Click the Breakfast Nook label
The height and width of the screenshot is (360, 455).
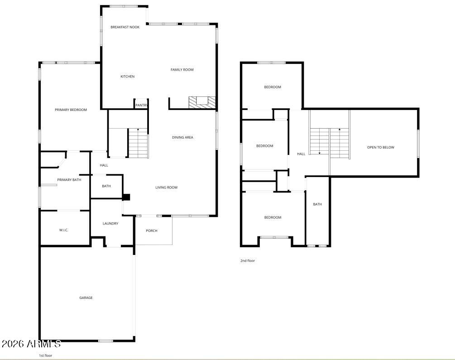pos(125,27)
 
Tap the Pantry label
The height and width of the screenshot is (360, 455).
pos(141,106)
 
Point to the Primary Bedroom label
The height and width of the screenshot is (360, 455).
pos(71,110)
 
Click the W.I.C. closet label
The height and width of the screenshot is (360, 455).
pos(63,230)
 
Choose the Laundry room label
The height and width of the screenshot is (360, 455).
pos(110,223)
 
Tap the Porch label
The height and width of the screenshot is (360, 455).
pos(152,230)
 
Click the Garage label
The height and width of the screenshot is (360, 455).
pos(86,298)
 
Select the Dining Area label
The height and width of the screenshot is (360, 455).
pos(182,137)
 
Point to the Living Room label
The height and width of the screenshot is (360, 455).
pos(166,187)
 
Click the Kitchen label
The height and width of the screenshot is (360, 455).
pos(127,77)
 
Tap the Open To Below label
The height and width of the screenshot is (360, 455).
pos(380,147)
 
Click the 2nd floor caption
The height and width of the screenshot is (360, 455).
pos(248,260)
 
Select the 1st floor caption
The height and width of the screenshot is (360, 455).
pos(45,355)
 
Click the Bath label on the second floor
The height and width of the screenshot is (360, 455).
pos(317,204)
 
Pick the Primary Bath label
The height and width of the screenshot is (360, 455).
pos(69,180)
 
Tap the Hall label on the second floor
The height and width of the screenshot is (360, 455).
pos(301,154)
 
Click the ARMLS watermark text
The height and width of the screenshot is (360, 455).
pos(31,344)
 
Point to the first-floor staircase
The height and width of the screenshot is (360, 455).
pos(138,143)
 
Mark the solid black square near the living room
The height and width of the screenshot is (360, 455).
pos(127,197)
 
